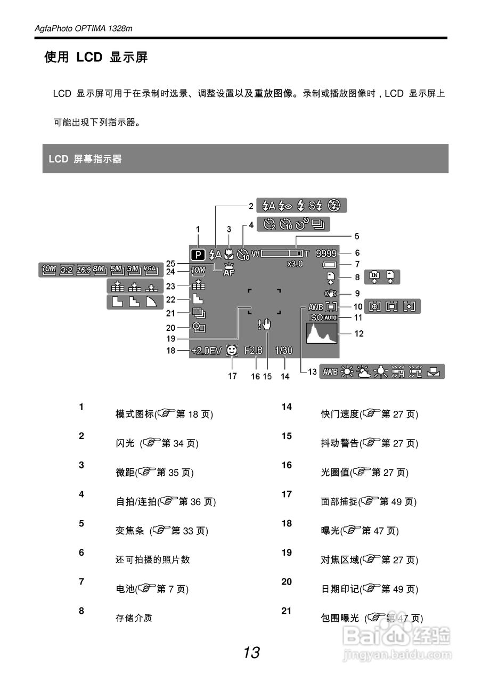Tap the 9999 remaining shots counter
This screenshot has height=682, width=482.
(x=326, y=254)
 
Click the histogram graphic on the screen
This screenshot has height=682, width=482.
(x=322, y=334)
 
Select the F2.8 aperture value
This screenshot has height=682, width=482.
(x=254, y=351)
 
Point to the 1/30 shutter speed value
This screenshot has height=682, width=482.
(x=284, y=351)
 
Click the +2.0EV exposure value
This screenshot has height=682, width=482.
(x=208, y=352)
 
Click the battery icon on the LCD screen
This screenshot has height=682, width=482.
(x=330, y=265)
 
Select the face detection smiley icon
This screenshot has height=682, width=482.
(x=231, y=351)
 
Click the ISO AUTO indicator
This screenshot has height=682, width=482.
(x=323, y=318)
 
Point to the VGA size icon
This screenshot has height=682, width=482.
(x=151, y=270)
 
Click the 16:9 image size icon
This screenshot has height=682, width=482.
(x=83, y=270)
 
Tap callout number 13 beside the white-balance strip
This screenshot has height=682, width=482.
(x=313, y=372)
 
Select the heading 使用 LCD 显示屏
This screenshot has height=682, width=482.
(x=96, y=58)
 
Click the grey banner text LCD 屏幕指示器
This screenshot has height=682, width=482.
(x=85, y=159)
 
